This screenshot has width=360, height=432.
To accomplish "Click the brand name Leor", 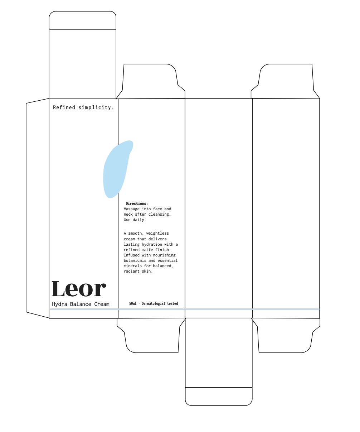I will pos(79,289).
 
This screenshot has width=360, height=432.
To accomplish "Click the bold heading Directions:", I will pos(137,203).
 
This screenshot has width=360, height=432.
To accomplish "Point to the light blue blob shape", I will pos(115,170).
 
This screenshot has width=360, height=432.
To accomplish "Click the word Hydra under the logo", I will pos(59,304).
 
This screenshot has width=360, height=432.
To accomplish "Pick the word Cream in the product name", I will pos(102,304).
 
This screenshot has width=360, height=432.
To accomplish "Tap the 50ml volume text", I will pos(133,304).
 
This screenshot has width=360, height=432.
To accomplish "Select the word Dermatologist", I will pos(154,304).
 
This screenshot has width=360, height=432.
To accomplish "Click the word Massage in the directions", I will pos(132,209).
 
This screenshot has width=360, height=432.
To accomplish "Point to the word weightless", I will pos(157,234).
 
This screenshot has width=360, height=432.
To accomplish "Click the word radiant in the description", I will pos(132,271).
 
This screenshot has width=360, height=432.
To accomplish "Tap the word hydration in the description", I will pos(152,244).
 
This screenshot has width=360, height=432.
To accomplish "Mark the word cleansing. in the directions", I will pos(160,214).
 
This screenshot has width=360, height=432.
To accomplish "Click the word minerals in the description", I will pos(133,266).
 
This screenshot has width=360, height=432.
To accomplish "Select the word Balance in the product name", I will pos(81,304).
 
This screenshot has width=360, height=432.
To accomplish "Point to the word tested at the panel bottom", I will pos(172,304).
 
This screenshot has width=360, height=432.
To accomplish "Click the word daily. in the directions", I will pos(140,220).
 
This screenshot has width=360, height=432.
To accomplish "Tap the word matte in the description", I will pos(147,250).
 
